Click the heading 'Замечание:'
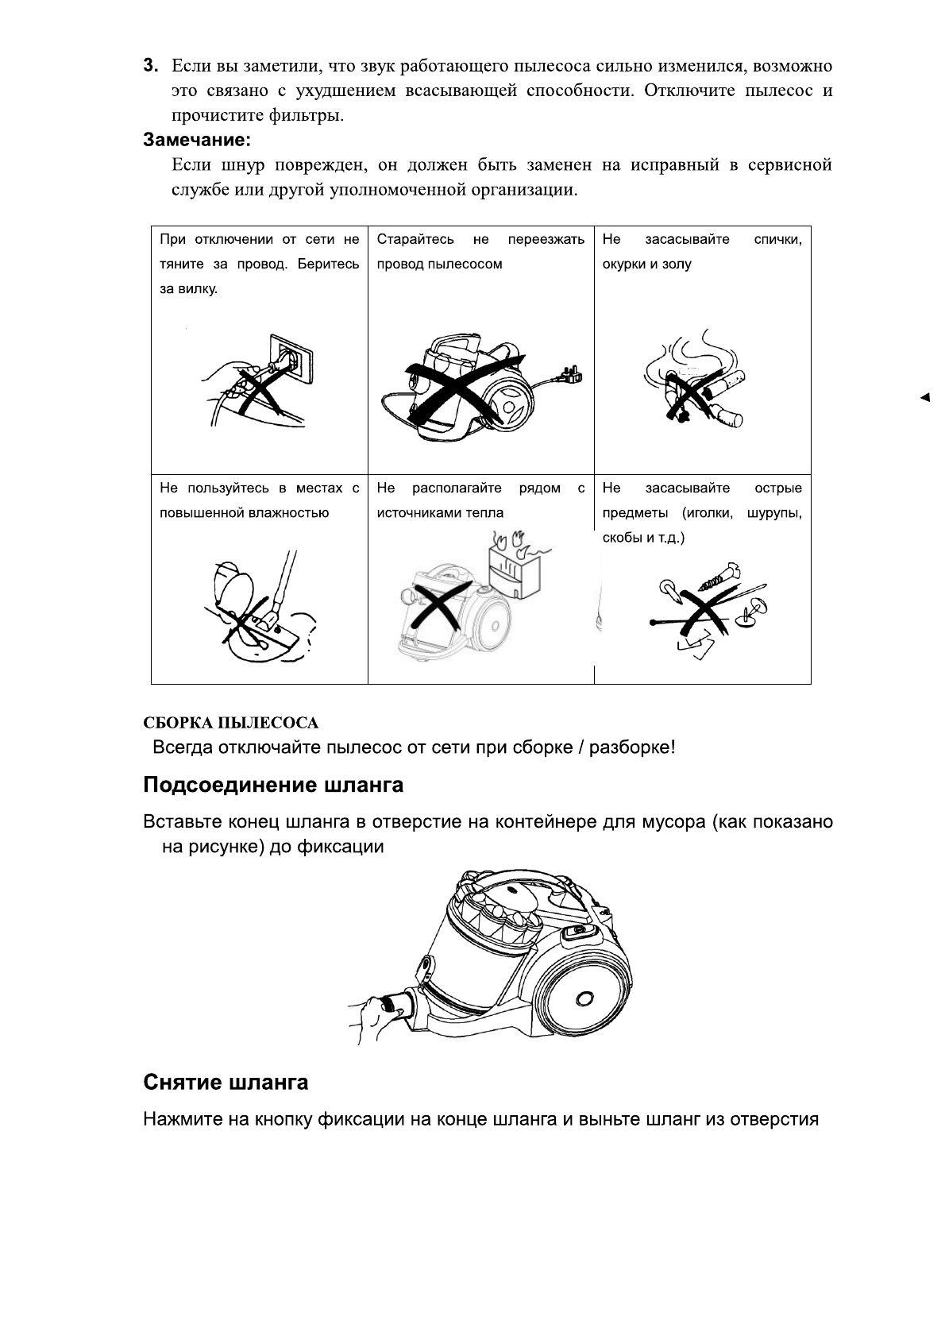click(x=197, y=140)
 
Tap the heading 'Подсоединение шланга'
click(x=273, y=785)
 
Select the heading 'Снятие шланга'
click(x=226, y=1082)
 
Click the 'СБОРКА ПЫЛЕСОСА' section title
click(x=230, y=723)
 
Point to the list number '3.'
click(x=151, y=65)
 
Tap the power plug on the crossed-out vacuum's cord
click(x=573, y=373)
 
